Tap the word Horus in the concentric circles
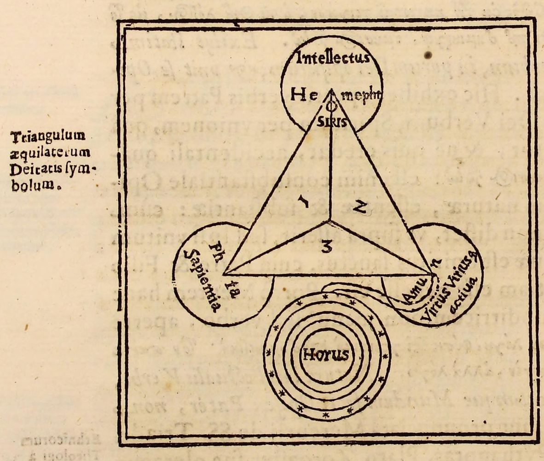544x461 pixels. pyautogui.click(x=325, y=355)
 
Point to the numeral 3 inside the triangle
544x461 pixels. pyautogui.click(x=326, y=248)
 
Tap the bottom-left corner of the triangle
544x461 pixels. pyautogui.click(x=224, y=274)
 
